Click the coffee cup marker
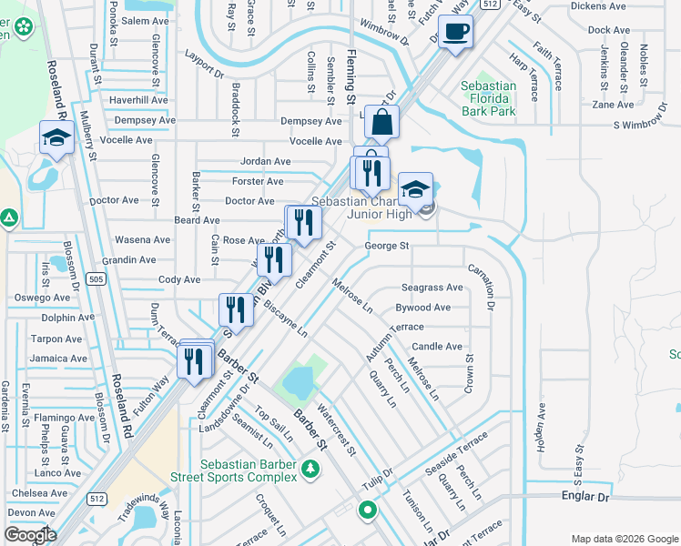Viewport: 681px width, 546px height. click(x=455, y=33)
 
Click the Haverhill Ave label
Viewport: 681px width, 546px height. click(x=138, y=100)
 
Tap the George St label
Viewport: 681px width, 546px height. click(x=387, y=246)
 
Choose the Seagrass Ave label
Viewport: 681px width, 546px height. click(x=432, y=288)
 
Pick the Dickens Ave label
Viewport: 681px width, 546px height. click(x=598, y=6)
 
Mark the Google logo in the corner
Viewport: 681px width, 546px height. click(x=29, y=534)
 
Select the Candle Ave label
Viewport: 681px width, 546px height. click(x=437, y=347)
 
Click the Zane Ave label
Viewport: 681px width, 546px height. click(x=612, y=105)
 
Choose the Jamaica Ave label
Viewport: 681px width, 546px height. click(x=57, y=359)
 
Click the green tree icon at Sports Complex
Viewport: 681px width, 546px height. click(x=311, y=468)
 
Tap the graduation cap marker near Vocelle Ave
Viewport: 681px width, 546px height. click(x=56, y=139)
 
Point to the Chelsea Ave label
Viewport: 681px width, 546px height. click(x=38, y=493)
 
